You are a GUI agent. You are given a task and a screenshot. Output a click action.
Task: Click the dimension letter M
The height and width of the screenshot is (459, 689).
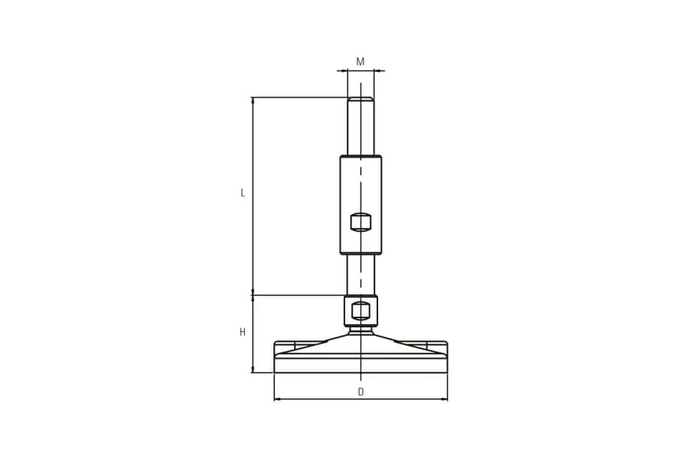coord(361,61)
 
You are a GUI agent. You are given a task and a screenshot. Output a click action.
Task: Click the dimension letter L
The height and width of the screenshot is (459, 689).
coord(243,193)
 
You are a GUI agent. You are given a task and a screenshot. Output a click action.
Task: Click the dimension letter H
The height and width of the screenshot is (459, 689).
coord(243,333)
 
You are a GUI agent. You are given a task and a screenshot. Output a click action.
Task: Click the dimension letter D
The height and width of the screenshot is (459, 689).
coord(361,392)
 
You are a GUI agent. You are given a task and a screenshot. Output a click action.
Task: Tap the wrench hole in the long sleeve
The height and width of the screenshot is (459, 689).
coord(361,222)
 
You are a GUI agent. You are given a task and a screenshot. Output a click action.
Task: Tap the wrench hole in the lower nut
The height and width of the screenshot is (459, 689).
coord(361,311)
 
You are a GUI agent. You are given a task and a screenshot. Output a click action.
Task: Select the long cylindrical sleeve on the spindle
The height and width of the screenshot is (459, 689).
coord(361,205)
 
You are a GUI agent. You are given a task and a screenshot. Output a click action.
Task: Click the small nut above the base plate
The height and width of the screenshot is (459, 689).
coord(361,311)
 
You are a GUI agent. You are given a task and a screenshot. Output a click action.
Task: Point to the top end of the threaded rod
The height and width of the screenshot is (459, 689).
coord(361,97)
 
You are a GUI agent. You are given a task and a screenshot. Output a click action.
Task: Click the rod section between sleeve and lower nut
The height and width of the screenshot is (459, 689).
coord(361,275)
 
